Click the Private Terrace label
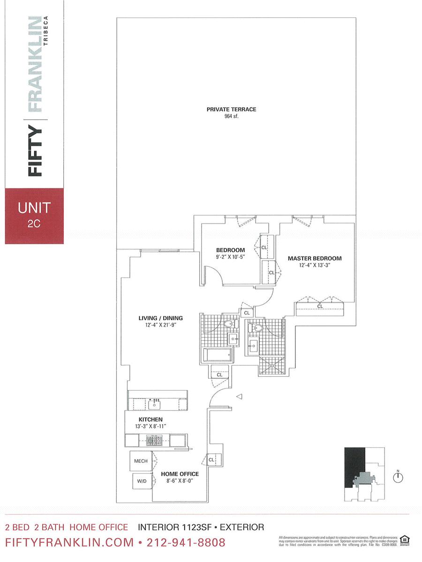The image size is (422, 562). point(231,109)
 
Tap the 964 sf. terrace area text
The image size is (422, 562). point(231,116)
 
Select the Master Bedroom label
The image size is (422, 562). point(315,258)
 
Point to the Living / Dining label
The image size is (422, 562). point(157,318)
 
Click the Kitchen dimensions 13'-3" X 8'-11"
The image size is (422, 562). point(150,427)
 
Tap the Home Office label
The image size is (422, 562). point(180,474)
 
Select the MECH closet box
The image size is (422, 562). point(141,461)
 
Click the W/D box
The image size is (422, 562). point(141,481)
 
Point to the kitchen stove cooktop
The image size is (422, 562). point(154,440)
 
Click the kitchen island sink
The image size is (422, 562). point(155,404)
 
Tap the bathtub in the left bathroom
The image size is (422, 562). point(217,355)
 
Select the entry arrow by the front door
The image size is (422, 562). point(239,397)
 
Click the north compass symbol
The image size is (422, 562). point(399,477)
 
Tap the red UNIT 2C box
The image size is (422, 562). point(34,215)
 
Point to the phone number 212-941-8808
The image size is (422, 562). point(186,543)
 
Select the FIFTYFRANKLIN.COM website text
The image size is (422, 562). point(69,543)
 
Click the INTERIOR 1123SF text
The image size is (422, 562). point(172,527)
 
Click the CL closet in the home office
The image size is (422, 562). point(211,460)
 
